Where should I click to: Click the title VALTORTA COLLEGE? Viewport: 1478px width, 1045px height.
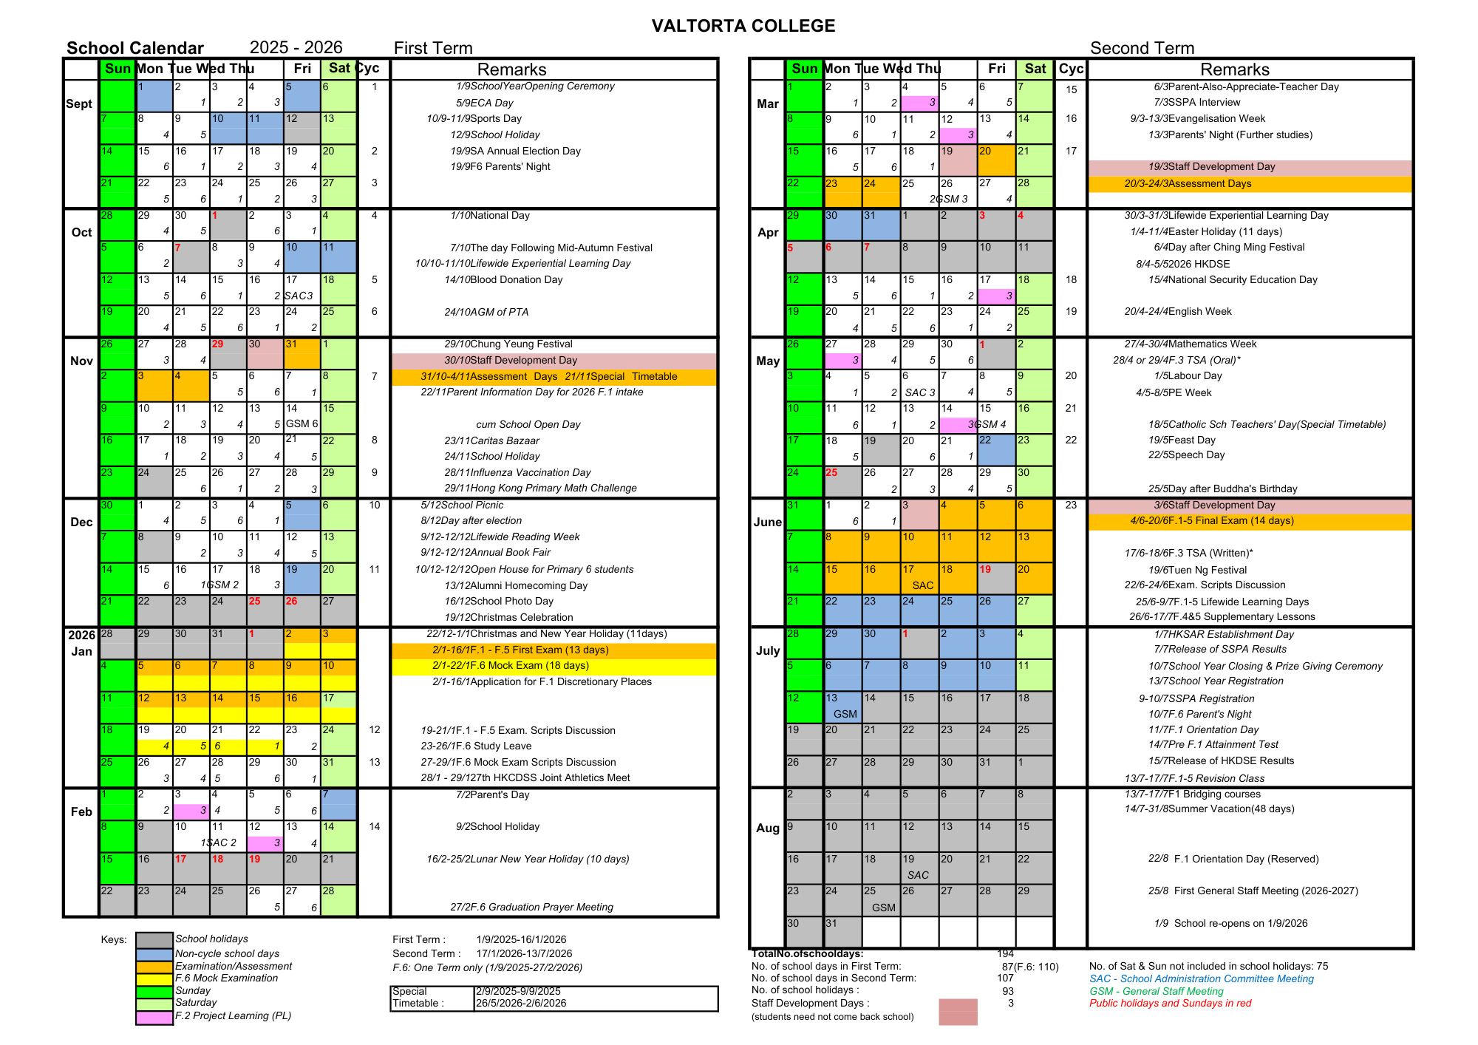coord(743,26)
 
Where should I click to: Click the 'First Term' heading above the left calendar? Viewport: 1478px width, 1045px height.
coord(433,48)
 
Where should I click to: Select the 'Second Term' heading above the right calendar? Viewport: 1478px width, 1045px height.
coord(1142,48)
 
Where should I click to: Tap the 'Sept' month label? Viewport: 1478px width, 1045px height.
coord(79,103)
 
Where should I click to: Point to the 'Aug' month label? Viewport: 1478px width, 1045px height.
coord(768,828)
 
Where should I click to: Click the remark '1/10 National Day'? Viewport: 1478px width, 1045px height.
coord(490,216)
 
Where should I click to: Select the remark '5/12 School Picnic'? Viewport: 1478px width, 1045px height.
coord(462,506)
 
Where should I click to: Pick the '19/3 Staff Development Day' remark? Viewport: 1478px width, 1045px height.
coord(1211,167)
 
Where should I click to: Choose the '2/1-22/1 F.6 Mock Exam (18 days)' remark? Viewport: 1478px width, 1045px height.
coord(511,666)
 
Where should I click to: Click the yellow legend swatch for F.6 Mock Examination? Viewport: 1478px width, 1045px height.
coord(154,978)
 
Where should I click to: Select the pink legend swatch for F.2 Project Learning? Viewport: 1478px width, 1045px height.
coord(154,1017)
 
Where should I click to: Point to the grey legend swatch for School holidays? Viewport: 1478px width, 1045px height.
coord(154,939)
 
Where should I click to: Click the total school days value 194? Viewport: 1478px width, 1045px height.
coord(1005,954)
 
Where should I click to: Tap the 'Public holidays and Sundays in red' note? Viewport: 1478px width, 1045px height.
coord(1170,1004)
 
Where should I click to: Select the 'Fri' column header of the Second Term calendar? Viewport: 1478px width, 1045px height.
coord(996,69)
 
